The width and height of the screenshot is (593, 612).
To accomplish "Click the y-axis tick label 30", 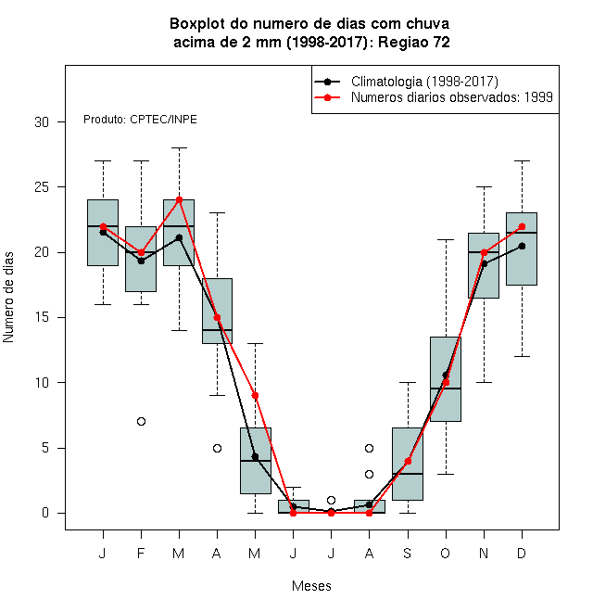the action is (x=42, y=122).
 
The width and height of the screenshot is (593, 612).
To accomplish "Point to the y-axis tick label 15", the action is (x=42, y=317).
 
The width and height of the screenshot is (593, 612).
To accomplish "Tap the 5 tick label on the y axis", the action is (x=45, y=448).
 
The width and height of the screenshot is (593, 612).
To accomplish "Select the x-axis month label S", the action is (x=408, y=553).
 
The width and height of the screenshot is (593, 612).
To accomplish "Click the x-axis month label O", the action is (x=445, y=553).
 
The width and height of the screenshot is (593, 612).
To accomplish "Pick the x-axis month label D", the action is (x=522, y=553).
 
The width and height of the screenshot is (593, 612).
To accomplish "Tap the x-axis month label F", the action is (x=141, y=553).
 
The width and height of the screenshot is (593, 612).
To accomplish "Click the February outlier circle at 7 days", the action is (x=141, y=422).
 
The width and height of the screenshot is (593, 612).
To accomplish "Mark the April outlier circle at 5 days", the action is (x=218, y=448).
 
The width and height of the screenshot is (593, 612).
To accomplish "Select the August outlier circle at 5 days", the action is (x=369, y=448).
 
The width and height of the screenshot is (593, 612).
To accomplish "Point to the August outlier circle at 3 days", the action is (x=369, y=474).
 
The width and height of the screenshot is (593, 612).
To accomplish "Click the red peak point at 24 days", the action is (x=179, y=200).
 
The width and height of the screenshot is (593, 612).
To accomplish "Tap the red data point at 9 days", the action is (x=255, y=395).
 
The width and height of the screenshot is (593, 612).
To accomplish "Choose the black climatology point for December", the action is (x=522, y=246).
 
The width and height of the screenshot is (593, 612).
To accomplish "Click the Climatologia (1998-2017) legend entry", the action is (x=406, y=82).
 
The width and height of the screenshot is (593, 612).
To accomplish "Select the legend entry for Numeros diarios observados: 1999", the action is (x=434, y=97).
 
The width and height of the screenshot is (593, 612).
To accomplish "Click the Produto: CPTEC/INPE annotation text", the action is (x=140, y=120).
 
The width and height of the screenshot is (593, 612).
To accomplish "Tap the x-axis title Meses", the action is (x=311, y=586).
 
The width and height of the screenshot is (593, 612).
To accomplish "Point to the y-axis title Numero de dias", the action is (x=8, y=298).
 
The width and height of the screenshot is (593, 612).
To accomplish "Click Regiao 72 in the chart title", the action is (x=414, y=42).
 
